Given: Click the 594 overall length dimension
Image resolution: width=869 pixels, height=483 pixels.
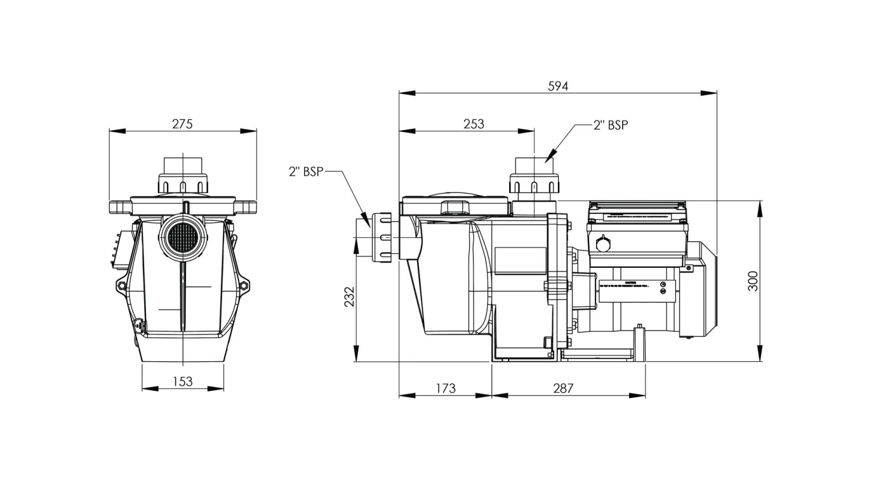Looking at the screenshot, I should pyautogui.click(x=558, y=86).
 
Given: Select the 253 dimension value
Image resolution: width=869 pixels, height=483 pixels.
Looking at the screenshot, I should pyautogui.click(x=473, y=124).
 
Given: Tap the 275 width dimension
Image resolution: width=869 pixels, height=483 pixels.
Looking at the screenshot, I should pyautogui.click(x=182, y=124).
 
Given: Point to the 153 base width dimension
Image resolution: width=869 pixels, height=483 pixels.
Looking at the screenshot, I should pyautogui.click(x=182, y=382).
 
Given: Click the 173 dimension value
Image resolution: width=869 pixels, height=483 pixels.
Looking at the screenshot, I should pyautogui.click(x=445, y=388).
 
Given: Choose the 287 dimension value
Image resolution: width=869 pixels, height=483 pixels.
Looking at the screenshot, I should pyautogui.click(x=563, y=388).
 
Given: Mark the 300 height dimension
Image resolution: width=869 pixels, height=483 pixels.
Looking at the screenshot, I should pyautogui.click(x=753, y=281).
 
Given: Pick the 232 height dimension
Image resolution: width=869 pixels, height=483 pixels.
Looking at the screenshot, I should pyautogui.click(x=349, y=297).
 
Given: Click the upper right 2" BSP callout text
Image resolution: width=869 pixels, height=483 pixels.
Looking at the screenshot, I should pyautogui.click(x=611, y=125).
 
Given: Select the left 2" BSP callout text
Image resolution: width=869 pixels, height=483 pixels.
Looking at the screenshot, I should pyautogui.click(x=306, y=172).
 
